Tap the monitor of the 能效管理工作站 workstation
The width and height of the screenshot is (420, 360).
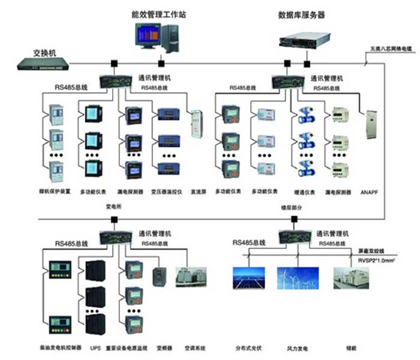pyautogui.click(x=148, y=38)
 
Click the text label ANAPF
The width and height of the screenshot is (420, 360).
pyautogui.click(x=369, y=193)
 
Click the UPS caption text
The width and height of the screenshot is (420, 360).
pyautogui.click(x=95, y=347)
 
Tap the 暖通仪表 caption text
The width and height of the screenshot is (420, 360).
pyautogui.click(x=306, y=192)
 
